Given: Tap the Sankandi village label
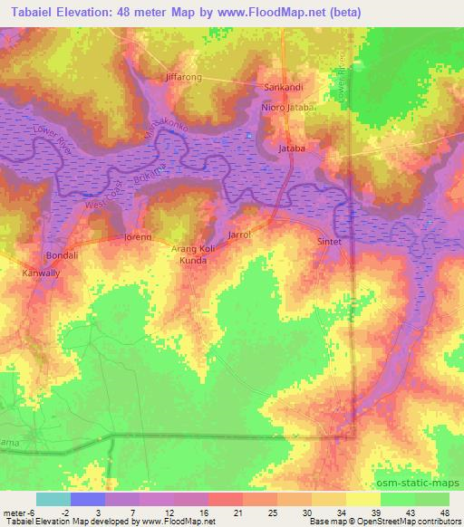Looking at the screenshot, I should click(x=282, y=87).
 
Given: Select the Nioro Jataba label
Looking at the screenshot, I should click(x=287, y=108).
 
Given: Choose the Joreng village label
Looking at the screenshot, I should click(x=137, y=238).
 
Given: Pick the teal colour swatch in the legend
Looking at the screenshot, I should click(x=53, y=499).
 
